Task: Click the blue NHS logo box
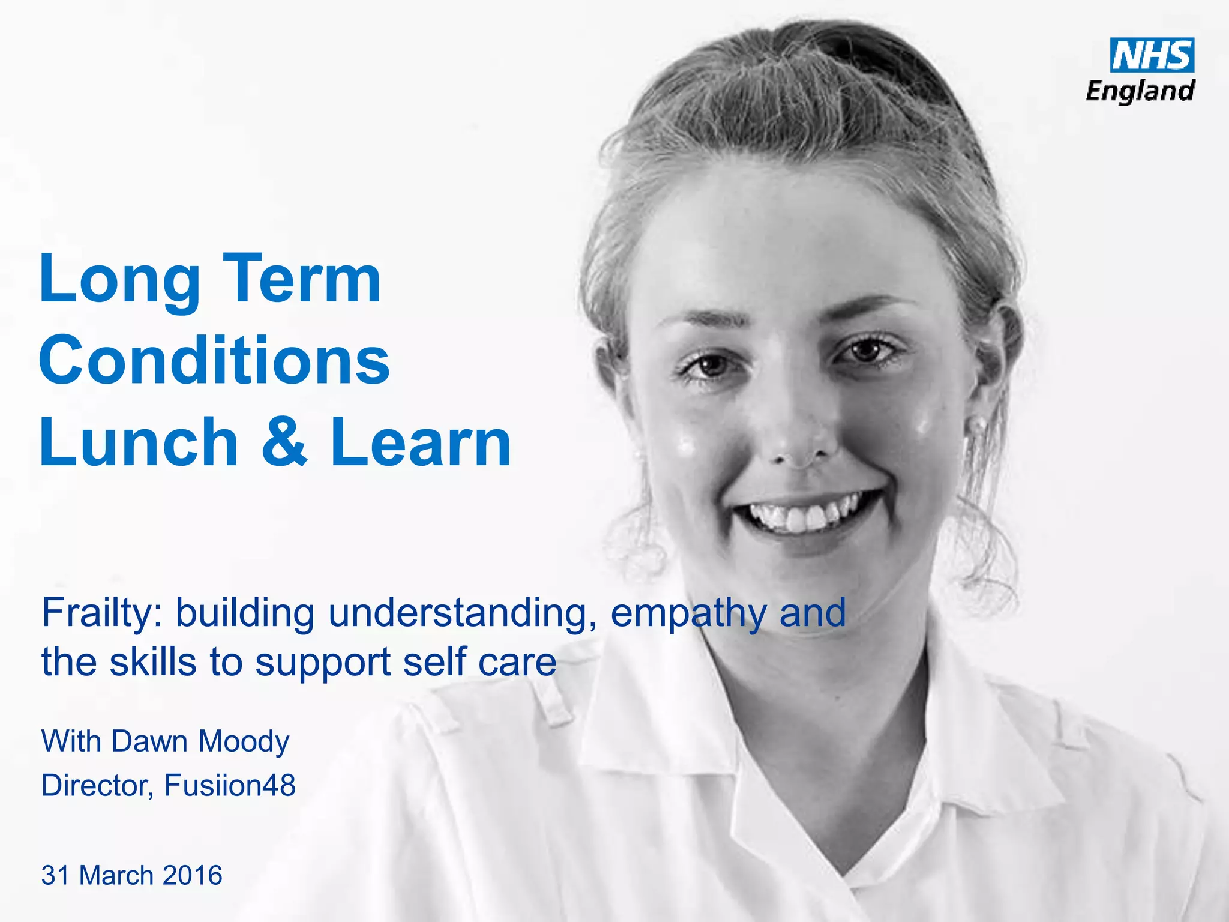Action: pyautogui.click(x=1152, y=55)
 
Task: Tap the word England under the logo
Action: pyautogui.click(x=1140, y=91)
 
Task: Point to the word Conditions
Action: pyautogui.click(x=214, y=360)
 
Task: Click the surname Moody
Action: pyautogui.click(x=244, y=742)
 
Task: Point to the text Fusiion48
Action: pyautogui.click(x=230, y=785)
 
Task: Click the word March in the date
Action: pyautogui.click(x=116, y=875)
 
